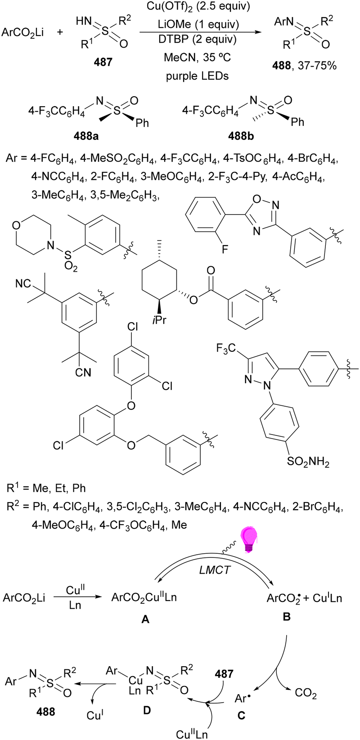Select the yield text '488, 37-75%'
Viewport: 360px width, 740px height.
(305, 67)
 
